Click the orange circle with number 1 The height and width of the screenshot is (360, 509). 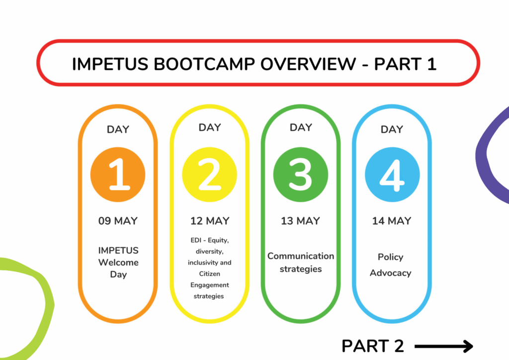[118, 175]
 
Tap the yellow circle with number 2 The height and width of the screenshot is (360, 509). [209, 175]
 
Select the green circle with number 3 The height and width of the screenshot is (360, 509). [301, 175]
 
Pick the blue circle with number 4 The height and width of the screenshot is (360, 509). [392, 175]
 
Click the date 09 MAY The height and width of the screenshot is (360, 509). [118, 221]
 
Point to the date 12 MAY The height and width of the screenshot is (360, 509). [210, 221]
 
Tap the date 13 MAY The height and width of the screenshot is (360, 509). [300, 221]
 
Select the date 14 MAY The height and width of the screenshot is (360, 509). [392, 221]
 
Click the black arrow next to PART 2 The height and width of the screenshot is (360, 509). [444, 347]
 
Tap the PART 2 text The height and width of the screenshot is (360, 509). [373, 346]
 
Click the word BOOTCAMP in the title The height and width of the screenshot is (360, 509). [204, 64]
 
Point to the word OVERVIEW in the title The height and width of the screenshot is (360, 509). [308, 64]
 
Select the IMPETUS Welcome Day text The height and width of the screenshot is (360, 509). [118, 262]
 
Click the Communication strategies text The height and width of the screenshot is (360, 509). [301, 262]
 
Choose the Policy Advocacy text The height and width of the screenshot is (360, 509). [391, 265]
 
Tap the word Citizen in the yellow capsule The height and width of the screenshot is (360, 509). [209, 273]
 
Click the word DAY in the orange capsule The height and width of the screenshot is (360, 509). [118, 129]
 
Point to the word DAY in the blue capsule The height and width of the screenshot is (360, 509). [392, 129]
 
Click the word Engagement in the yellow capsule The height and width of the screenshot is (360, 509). [210, 285]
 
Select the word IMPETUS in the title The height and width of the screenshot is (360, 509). [110, 64]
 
